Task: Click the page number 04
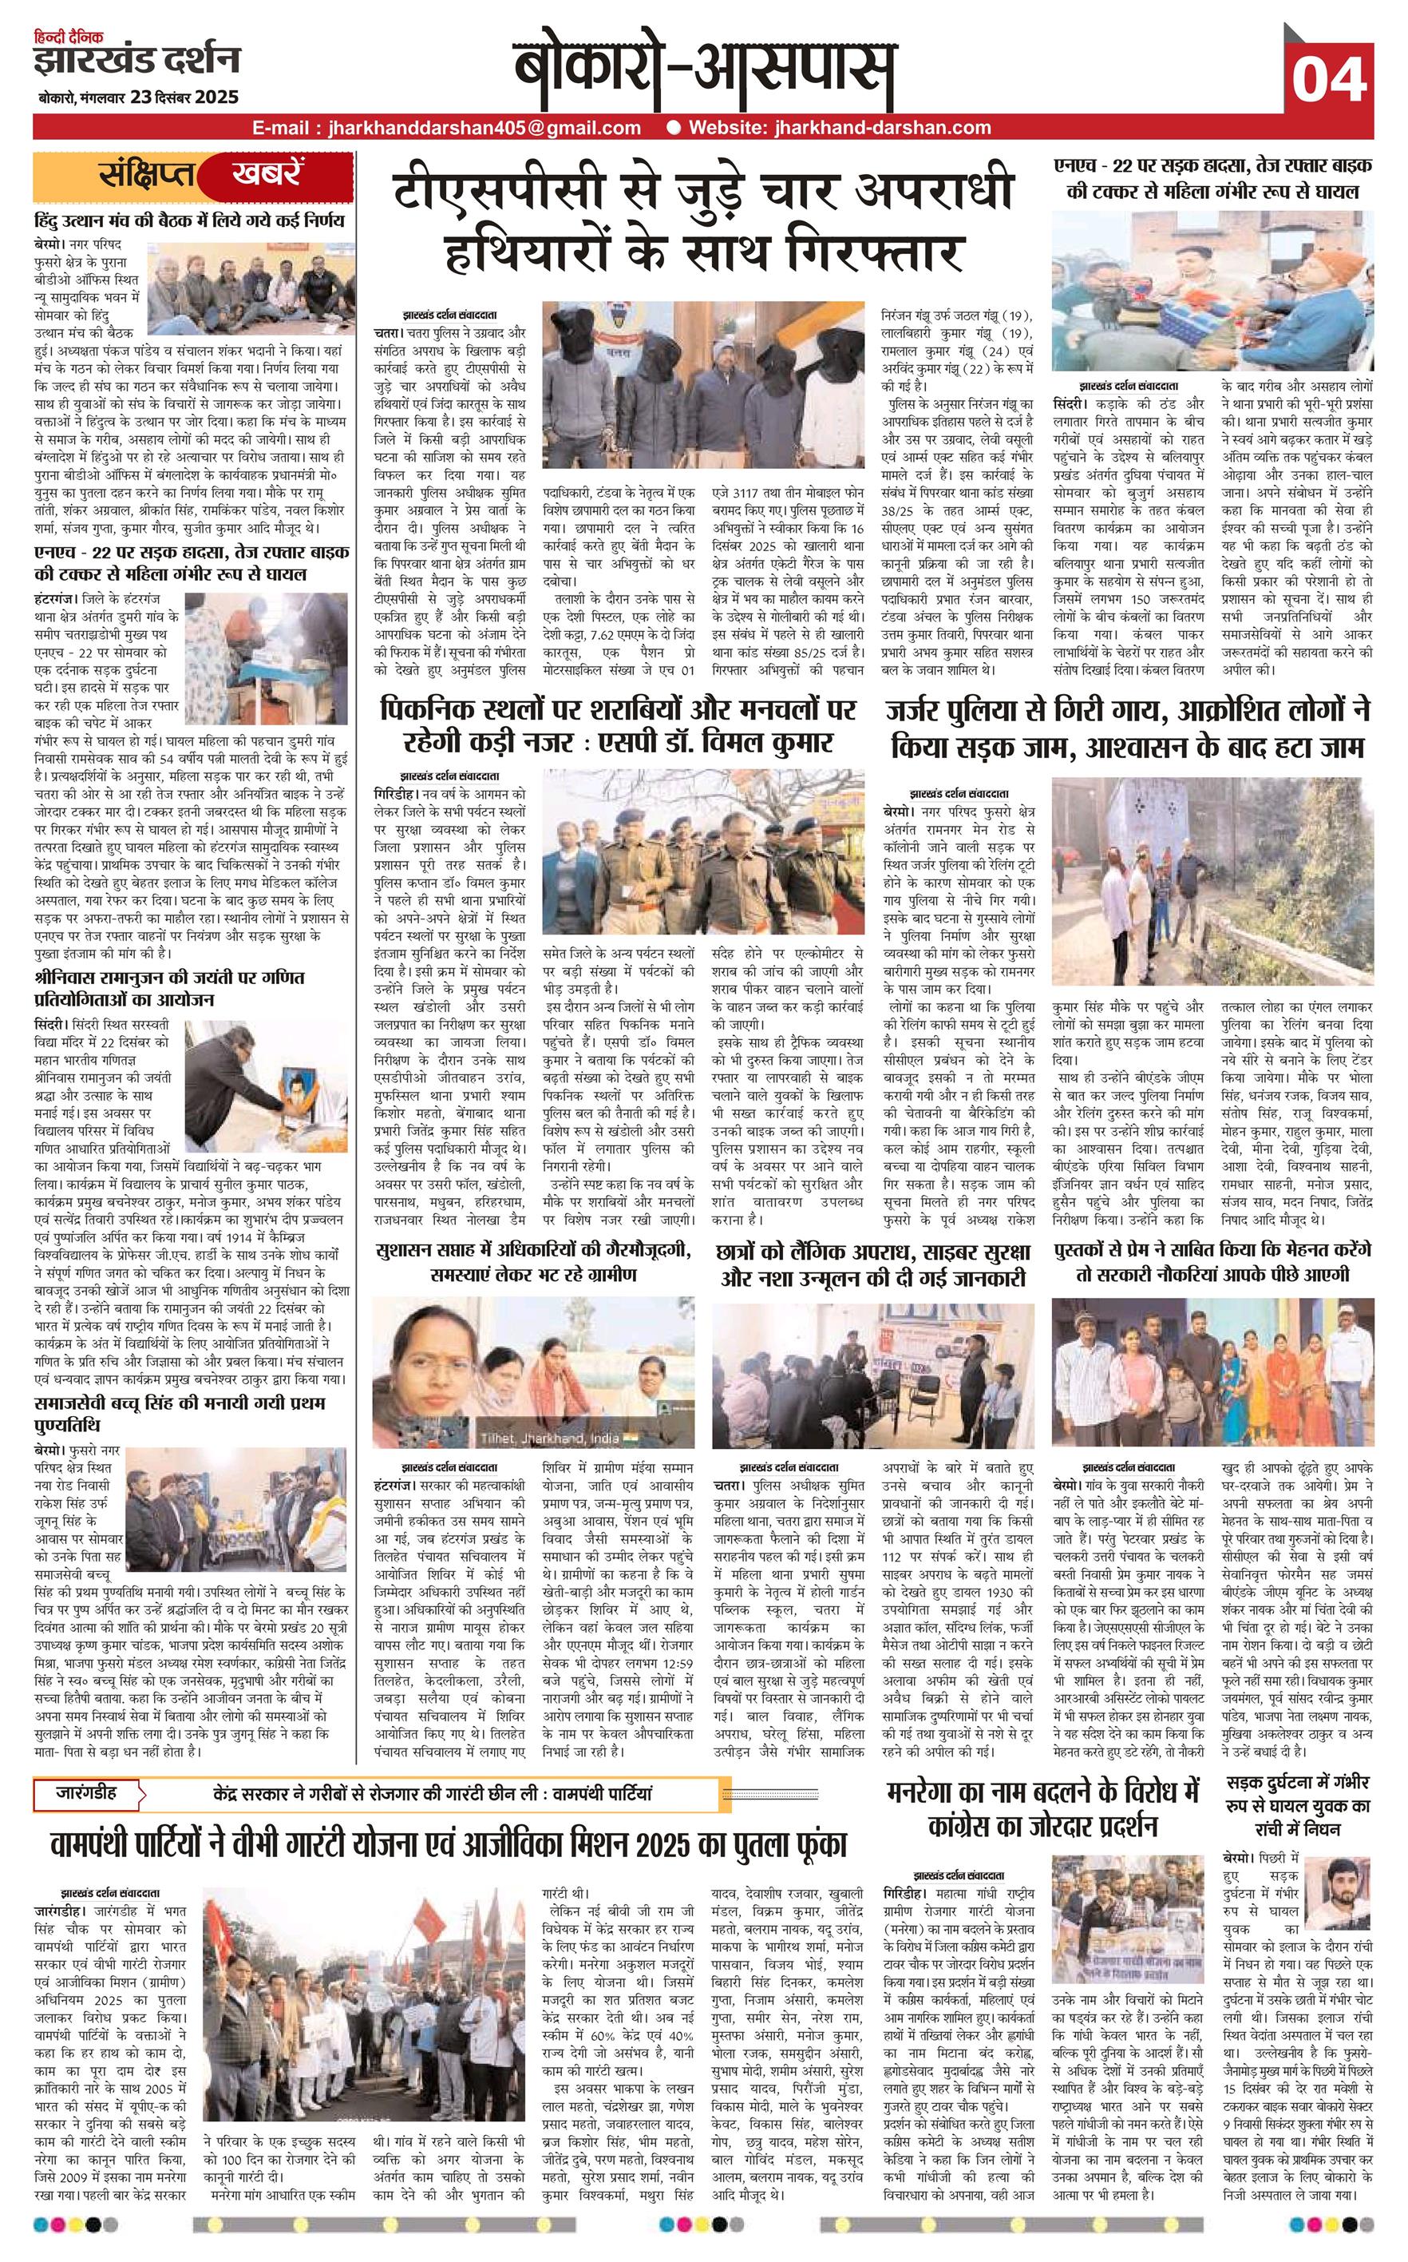(1329, 79)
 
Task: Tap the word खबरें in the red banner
(267, 174)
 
